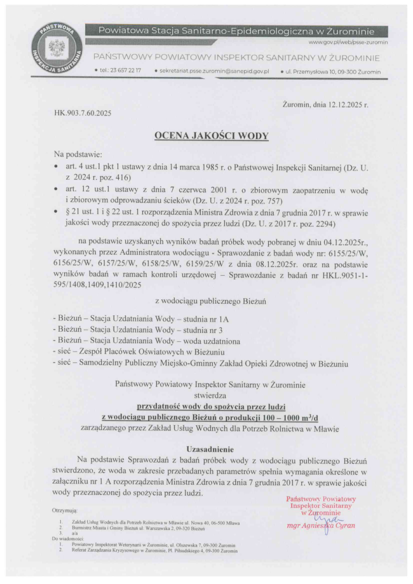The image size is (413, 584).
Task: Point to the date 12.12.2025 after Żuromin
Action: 346,104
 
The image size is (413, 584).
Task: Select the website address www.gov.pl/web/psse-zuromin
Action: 348,42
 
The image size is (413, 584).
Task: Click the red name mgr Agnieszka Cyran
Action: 321,526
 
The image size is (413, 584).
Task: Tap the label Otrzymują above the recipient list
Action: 65,510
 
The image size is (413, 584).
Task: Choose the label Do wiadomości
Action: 69,538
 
